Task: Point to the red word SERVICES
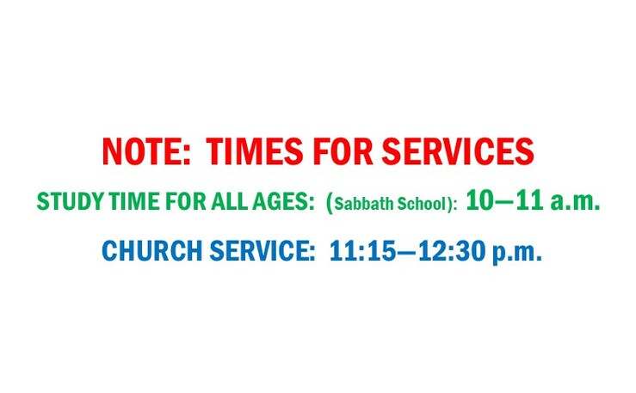(x=458, y=151)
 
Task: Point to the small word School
(x=423, y=204)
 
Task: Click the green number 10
(x=480, y=200)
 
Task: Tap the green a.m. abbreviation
(x=575, y=202)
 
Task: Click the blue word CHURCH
(x=152, y=251)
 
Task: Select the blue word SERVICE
(x=262, y=251)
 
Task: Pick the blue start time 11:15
(x=361, y=251)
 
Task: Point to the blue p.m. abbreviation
(x=517, y=253)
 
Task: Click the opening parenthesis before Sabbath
(x=330, y=203)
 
